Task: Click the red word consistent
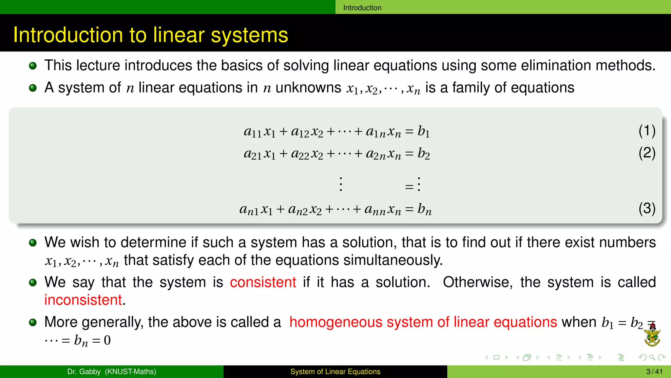[263, 283]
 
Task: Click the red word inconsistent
[83, 300]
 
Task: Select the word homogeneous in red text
[335, 322]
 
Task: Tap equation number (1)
[647, 131]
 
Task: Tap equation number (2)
[647, 153]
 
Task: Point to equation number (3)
[647, 208]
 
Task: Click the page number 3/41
[654, 372]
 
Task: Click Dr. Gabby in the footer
[84, 372]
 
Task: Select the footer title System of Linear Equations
[335, 372]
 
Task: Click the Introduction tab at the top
[362, 8]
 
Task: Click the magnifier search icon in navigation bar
[652, 357]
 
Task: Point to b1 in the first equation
[423, 131]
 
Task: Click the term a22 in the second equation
[300, 154]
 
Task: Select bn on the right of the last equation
[424, 209]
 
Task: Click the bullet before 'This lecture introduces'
[33, 66]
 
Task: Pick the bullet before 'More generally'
[33, 322]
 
